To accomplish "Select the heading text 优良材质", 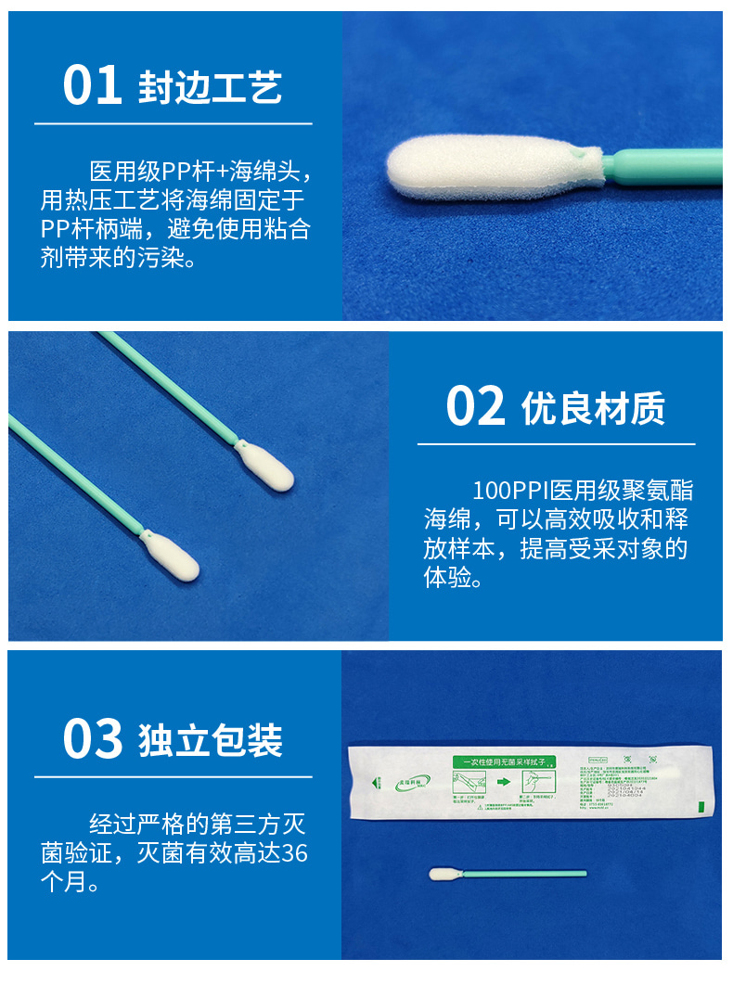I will pyautogui.click(x=594, y=408).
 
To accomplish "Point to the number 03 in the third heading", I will pyautogui.click(x=93, y=738).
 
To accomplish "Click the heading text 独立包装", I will pyautogui.click(x=211, y=740).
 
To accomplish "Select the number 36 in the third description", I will pyautogui.click(x=294, y=853).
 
